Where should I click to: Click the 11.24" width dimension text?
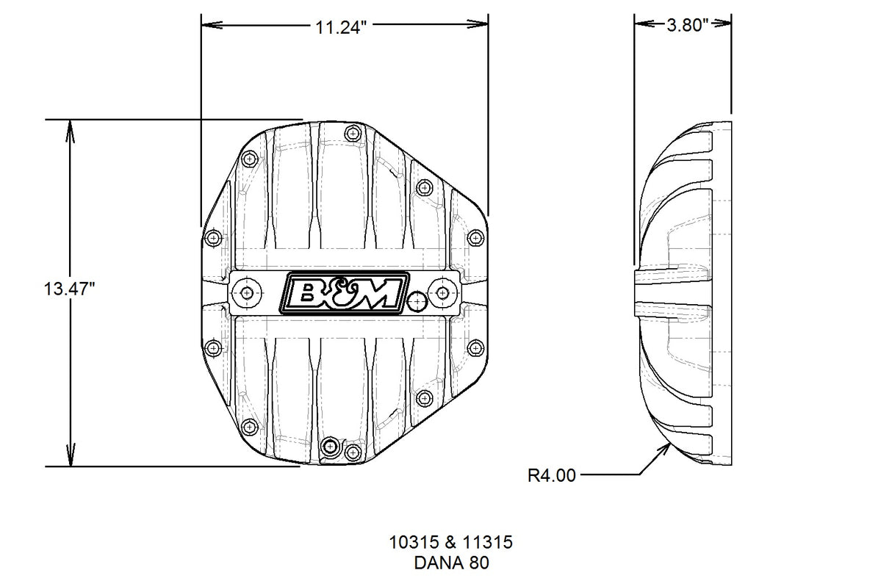(341, 28)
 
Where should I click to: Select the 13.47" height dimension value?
(71, 289)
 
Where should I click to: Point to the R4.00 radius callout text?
(552, 476)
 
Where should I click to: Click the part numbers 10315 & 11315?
(450, 543)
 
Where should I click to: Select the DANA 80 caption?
(450, 563)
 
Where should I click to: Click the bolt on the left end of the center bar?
(246, 293)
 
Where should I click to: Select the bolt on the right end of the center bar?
(442, 293)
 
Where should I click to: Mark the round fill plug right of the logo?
(417, 301)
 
